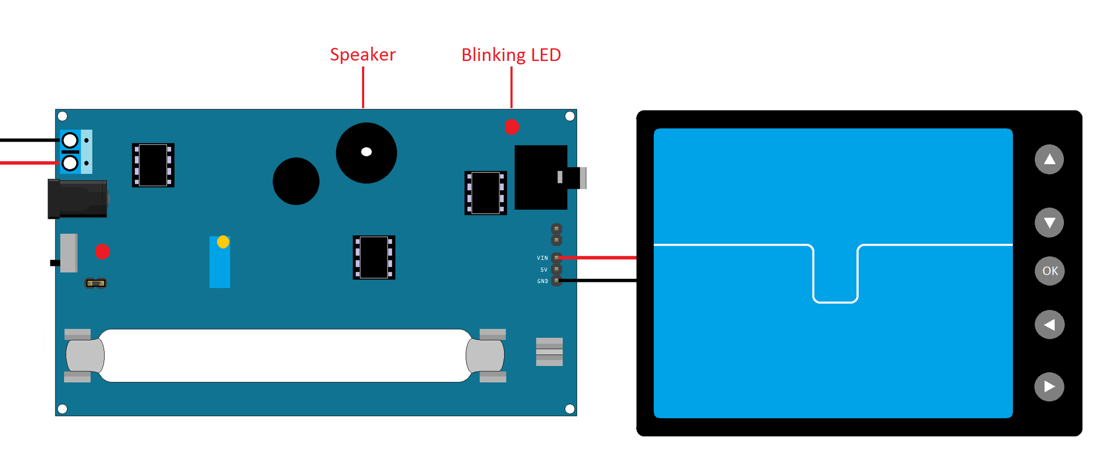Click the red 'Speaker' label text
[362, 55]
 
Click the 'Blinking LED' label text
[511, 55]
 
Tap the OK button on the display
[1050, 271]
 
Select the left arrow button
[1050, 325]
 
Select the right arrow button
[1050, 387]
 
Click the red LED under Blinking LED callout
[512, 127]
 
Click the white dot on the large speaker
[366, 152]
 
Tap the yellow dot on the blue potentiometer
[223, 242]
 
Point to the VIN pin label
[542, 258]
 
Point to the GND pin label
[542, 281]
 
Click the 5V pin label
[544, 270]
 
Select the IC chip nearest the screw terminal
[153, 165]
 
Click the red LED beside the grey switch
[102, 251]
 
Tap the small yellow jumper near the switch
[96, 283]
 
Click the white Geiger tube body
[284, 355]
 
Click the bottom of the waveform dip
[835, 302]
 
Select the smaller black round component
[296, 181]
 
